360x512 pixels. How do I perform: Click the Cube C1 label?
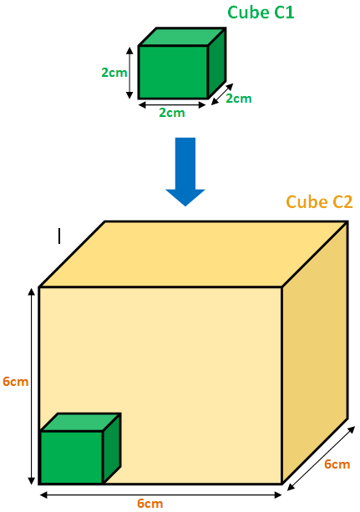pyautogui.click(x=261, y=13)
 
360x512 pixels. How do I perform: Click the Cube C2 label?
pyautogui.click(x=319, y=202)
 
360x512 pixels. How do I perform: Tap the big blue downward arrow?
pyautogui.click(x=185, y=172)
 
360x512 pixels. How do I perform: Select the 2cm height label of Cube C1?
pyautogui.click(x=114, y=73)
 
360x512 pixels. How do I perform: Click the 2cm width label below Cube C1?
pyautogui.click(x=172, y=113)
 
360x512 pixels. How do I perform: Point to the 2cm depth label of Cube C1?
pyautogui.click(x=239, y=99)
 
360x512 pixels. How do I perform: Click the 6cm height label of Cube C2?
pyautogui.click(x=15, y=382)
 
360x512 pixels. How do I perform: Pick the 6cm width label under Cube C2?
pyautogui.click(x=150, y=503)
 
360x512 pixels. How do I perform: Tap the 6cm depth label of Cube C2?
pyautogui.click(x=337, y=464)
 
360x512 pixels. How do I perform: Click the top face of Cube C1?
pyautogui.click(x=182, y=37)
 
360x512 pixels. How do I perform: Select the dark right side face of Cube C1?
pyautogui.click(x=217, y=63)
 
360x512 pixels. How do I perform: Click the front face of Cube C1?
pyautogui.click(x=173, y=72)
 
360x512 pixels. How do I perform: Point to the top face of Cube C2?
pyautogui.click(x=193, y=255)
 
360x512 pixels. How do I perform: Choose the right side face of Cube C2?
pyautogui.click(x=315, y=352)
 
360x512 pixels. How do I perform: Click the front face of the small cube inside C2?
pyautogui.click(x=72, y=457)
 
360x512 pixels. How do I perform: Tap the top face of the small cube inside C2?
pyautogui.click(x=81, y=422)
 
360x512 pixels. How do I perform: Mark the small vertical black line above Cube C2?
pyautogui.click(x=59, y=236)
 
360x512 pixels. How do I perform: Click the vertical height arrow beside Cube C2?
pyautogui.click(x=32, y=386)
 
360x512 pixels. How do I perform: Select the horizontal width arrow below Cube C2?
pyautogui.click(x=160, y=495)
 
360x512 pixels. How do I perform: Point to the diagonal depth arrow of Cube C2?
pyautogui.click(x=321, y=459)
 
